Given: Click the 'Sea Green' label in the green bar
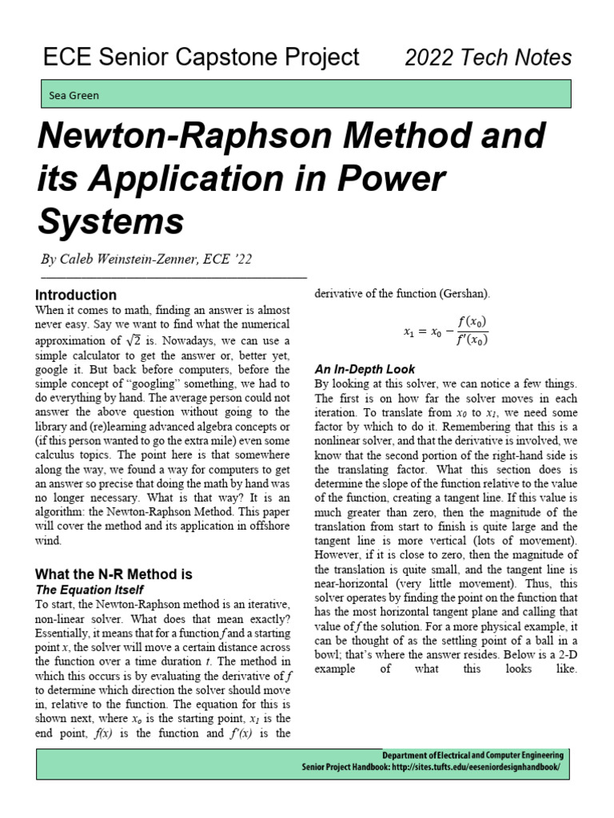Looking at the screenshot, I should (x=74, y=95).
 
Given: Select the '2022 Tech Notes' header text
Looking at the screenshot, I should (x=488, y=58).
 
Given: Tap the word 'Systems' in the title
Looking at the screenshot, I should (x=111, y=219).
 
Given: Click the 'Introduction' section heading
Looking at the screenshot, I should (x=77, y=295).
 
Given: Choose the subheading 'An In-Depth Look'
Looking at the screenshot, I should (x=365, y=369).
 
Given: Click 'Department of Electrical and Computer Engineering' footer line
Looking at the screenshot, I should (x=472, y=756).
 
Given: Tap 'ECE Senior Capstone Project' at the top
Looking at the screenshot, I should (x=201, y=58).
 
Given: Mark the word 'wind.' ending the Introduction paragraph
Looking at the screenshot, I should (x=51, y=541).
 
